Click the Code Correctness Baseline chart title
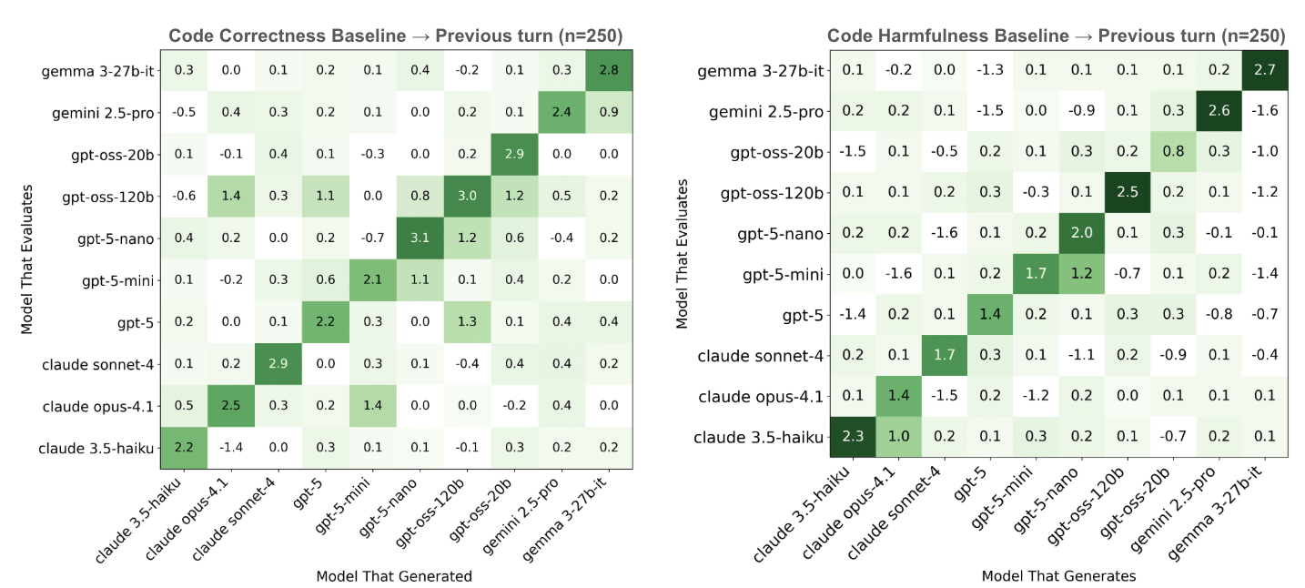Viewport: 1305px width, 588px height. pyautogui.click(x=395, y=36)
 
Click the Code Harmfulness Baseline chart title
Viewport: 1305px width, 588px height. pyautogui.click(x=1056, y=36)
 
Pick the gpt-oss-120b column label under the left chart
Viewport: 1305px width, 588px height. pyautogui.click(x=432, y=514)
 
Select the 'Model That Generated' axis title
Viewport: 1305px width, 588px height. pyautogui.click(x=394, y=575)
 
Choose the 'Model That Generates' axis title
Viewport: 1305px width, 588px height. pyautogui.click(x=1058, y=575)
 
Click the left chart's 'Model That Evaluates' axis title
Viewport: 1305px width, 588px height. pyautogui.click(x=28, y=259)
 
